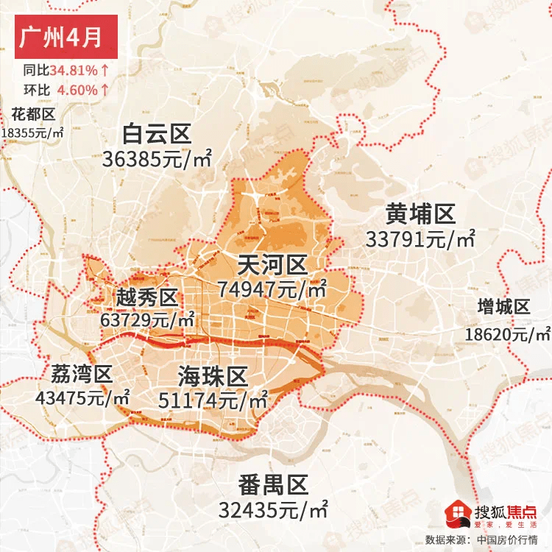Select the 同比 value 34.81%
74,72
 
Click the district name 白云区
157,134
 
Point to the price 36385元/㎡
158,158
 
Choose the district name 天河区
272,265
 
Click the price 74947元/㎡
272,289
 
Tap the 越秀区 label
147,298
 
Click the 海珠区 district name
212,377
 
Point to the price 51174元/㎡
213,401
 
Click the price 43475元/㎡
82,397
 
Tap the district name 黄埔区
420,215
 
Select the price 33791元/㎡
420,239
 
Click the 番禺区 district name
272,486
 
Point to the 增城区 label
503,308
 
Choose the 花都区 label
33,114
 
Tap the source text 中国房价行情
509,539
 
